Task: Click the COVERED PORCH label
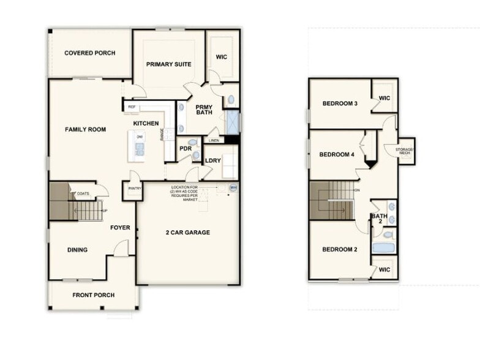89,53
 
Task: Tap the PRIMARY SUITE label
168,64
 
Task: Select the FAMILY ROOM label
86,130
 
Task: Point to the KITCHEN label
146,124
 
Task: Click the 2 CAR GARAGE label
188,233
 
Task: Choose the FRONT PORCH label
93,296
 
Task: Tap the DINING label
77,250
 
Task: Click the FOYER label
120,228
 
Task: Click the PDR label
186,148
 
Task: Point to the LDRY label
212,162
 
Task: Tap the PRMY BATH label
204,110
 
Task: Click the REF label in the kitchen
132,107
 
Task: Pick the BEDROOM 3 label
340,103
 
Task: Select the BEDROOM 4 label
337,155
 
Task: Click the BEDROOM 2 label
339,249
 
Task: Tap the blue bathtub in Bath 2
384,249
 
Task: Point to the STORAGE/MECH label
405,151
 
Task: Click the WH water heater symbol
233,188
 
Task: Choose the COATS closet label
83,194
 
